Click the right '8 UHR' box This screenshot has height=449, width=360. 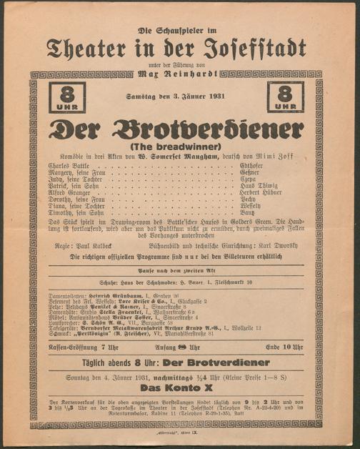tap(286, 97)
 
